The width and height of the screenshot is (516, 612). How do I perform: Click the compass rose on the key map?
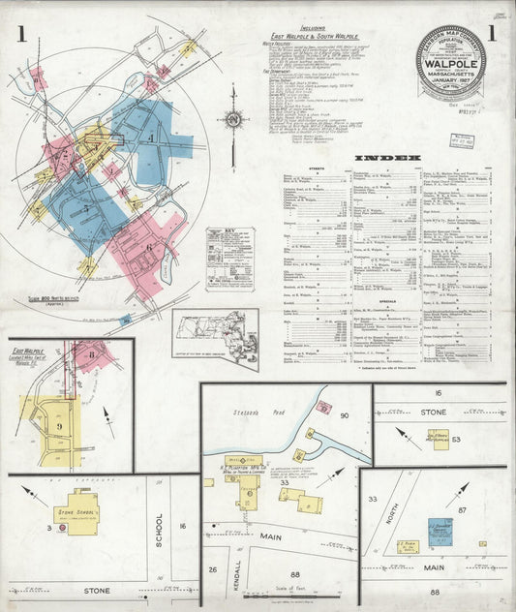(x=232, y=121)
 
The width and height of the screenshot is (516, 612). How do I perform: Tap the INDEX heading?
(x=387, y=157)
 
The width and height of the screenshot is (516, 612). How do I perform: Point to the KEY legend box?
(x=229, y=259)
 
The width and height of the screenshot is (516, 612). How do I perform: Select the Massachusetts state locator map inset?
(x=215, y=339)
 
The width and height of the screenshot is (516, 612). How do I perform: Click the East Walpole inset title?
(x=30, y=352)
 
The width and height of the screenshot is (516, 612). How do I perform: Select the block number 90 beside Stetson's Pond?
(x=345, y=416)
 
